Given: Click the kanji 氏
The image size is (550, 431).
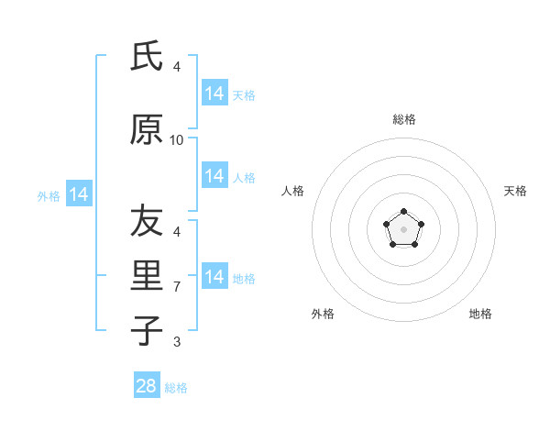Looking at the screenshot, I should (147, 57).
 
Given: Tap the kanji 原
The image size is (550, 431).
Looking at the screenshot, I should (147, 129).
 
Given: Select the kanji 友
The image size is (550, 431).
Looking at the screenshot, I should (147, 221).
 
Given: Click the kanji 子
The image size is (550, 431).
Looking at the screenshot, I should (147, 331).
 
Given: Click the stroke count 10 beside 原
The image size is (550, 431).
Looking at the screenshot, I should (177, 140).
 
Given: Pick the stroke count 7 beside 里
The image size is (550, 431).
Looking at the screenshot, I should (177, 287).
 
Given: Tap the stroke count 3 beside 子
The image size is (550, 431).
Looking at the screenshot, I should (177, 342).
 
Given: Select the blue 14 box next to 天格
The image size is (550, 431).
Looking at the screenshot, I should (214, 94).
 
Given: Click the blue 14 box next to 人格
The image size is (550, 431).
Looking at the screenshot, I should (214, 176).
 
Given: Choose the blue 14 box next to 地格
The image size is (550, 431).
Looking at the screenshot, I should (214, 277).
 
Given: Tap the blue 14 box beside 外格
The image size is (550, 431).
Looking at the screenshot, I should (79, 194).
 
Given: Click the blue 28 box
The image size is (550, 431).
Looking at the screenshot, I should (147, 386).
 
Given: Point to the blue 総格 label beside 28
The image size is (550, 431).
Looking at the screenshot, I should (176, 388).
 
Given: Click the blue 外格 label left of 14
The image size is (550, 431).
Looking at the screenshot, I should (49, 195).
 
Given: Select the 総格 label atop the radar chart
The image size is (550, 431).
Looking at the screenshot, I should (403, 119).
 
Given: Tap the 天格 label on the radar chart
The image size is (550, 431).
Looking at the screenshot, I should (516, 191).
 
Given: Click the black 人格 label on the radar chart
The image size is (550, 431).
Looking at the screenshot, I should (293, 191).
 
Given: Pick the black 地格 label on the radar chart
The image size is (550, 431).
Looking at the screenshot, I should (480, 314).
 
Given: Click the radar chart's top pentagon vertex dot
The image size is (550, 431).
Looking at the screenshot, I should (403, 212).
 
